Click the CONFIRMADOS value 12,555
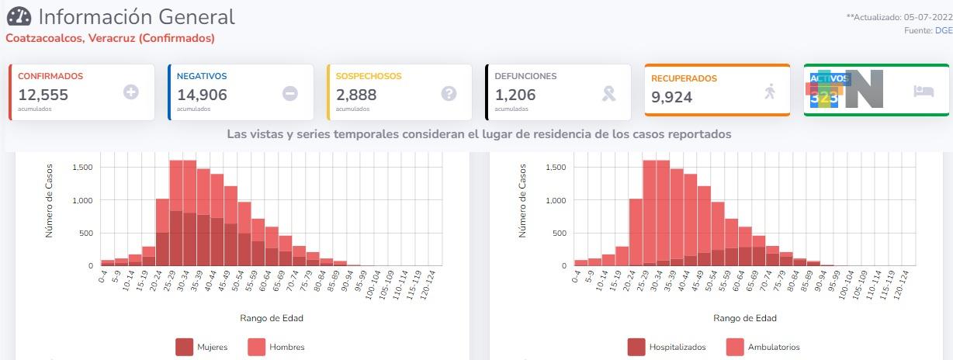click(43, 95)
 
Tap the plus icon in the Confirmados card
click(131, 92)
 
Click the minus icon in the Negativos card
click(289, 93)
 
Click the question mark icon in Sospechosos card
click(449, 93)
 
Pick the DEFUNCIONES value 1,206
click(515, 95)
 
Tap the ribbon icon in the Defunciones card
click(609, 93)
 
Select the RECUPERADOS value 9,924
click(672, 97)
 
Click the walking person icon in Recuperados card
click(769, 92)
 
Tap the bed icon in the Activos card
click(924, 91)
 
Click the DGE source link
click(944, 30)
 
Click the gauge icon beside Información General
click(19, 16)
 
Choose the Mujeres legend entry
click(203, 347)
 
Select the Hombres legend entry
click(276, 347)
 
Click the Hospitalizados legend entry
click(664, 347)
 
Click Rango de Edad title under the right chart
click(745, 318)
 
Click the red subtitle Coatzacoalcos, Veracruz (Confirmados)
click(110, 37)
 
